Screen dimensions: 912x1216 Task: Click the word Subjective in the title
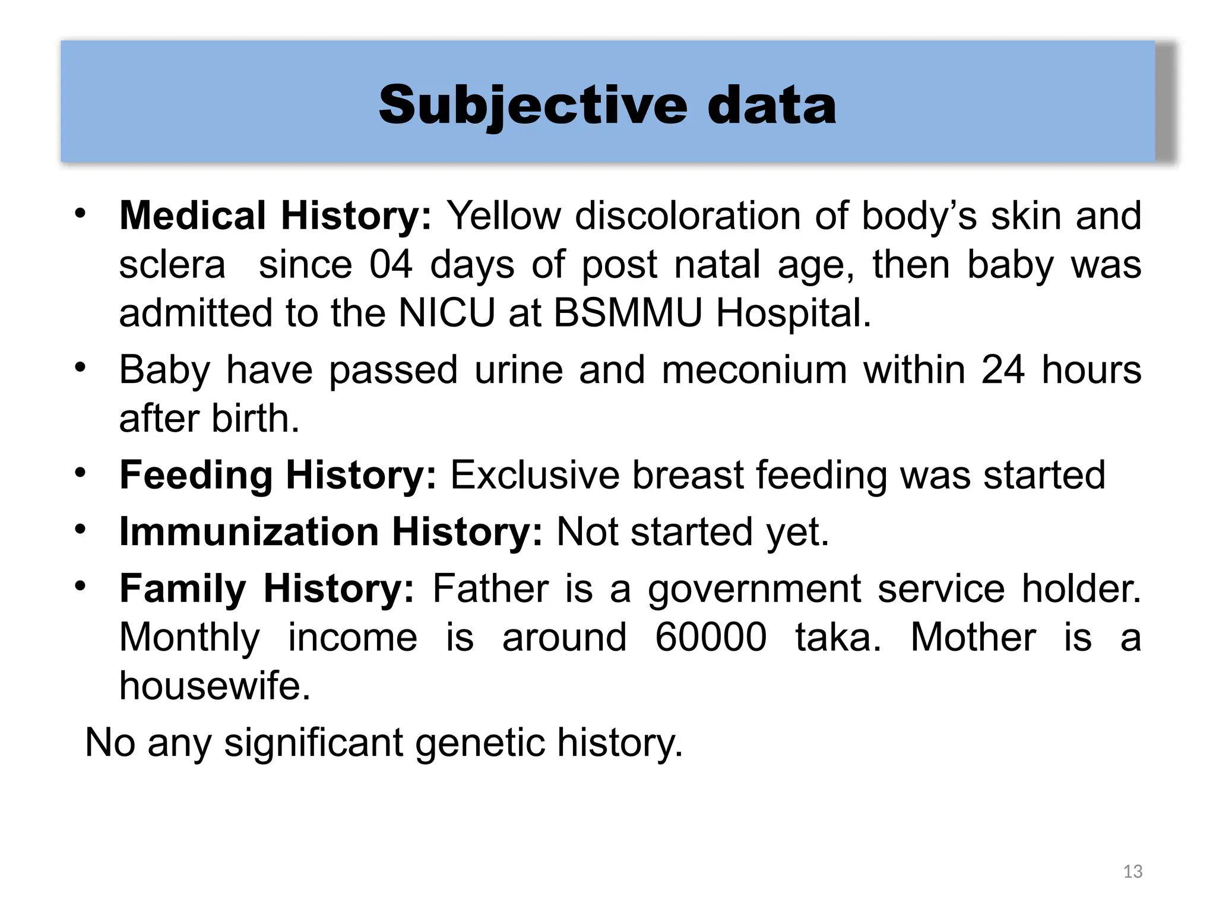[533, 106]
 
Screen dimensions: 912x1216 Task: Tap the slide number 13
[1133, 872]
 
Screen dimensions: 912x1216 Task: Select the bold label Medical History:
[275, 216]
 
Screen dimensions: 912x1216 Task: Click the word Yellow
[503, 216]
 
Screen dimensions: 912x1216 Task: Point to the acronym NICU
[446, 313]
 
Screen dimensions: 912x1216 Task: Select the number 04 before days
[391, 265]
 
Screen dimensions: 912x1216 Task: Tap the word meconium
[754, 370]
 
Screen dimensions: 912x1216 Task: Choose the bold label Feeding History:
[278, 476]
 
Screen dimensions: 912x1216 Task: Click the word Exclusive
[534, 476]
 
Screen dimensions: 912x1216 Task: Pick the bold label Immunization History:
[331, 532]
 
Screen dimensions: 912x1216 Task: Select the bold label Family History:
[267, 589]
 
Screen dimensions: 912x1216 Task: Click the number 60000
[711, 638]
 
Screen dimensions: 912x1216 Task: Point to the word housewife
[214, 686]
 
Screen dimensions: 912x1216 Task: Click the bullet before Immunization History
[81, 528]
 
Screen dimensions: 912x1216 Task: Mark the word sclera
[172, 265]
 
